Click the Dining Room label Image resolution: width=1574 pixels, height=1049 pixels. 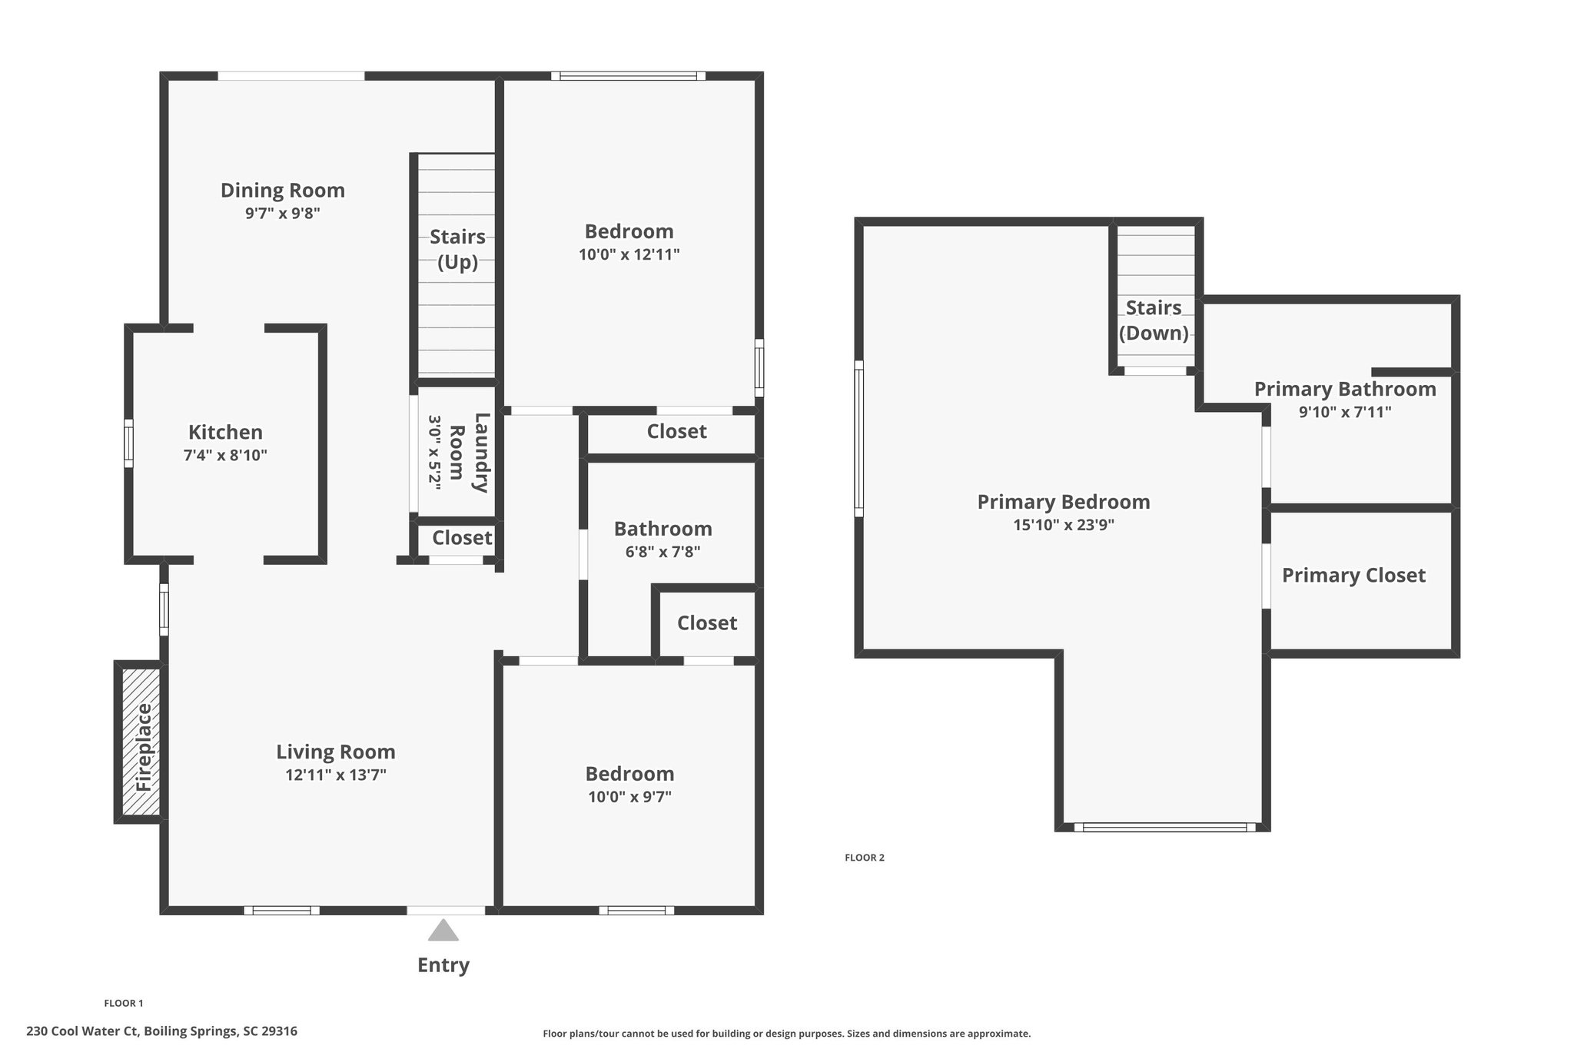point(283,190)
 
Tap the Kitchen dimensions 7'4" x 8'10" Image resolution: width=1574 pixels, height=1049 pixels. point(225,455)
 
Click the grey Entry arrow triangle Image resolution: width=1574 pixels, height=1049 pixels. point(443,930)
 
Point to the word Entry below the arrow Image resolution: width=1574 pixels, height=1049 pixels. point(443,965)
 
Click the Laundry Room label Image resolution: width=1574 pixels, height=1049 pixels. point(470,453)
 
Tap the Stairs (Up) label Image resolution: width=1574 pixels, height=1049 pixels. point(458,249)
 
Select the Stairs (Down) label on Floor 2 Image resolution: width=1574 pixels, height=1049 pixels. point(1154,320)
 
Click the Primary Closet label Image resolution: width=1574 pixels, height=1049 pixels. point(1353,576)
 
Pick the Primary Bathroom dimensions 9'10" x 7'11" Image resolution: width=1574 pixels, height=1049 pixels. point(1345,412)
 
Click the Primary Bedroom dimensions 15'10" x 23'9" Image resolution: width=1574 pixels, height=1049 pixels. point(1064,525)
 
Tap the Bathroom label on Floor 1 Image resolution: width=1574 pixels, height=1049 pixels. point(663,529)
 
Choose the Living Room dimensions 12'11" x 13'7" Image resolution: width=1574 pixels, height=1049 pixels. point(336,775)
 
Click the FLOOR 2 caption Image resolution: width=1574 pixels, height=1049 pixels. point(865,858)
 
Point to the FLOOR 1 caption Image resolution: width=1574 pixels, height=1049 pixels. point(124,1003)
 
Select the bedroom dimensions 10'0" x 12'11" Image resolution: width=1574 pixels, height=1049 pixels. point(629,254)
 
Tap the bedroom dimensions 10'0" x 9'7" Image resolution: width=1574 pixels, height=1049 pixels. point(630,797)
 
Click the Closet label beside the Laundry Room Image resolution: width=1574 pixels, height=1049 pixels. point(462,538)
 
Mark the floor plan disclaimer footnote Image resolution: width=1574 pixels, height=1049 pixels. point(787,1034)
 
